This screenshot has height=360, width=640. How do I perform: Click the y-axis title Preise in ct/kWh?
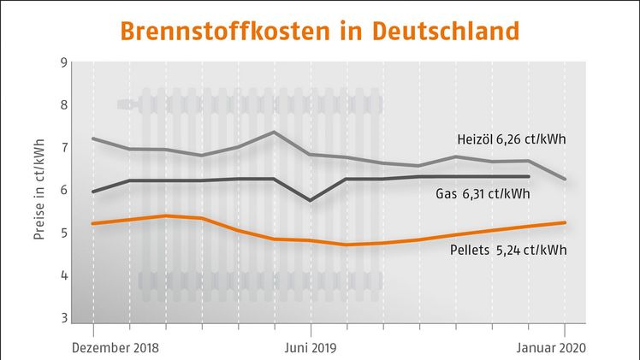click(39, 190)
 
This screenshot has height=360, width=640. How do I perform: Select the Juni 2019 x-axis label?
click(311, 348)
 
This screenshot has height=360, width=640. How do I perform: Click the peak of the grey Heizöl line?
click(273, 132)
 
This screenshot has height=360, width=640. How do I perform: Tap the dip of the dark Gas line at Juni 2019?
click(310, 200)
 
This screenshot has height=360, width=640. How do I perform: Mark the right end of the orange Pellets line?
click(565, 222)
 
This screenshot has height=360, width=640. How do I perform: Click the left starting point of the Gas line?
click(93, 192)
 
